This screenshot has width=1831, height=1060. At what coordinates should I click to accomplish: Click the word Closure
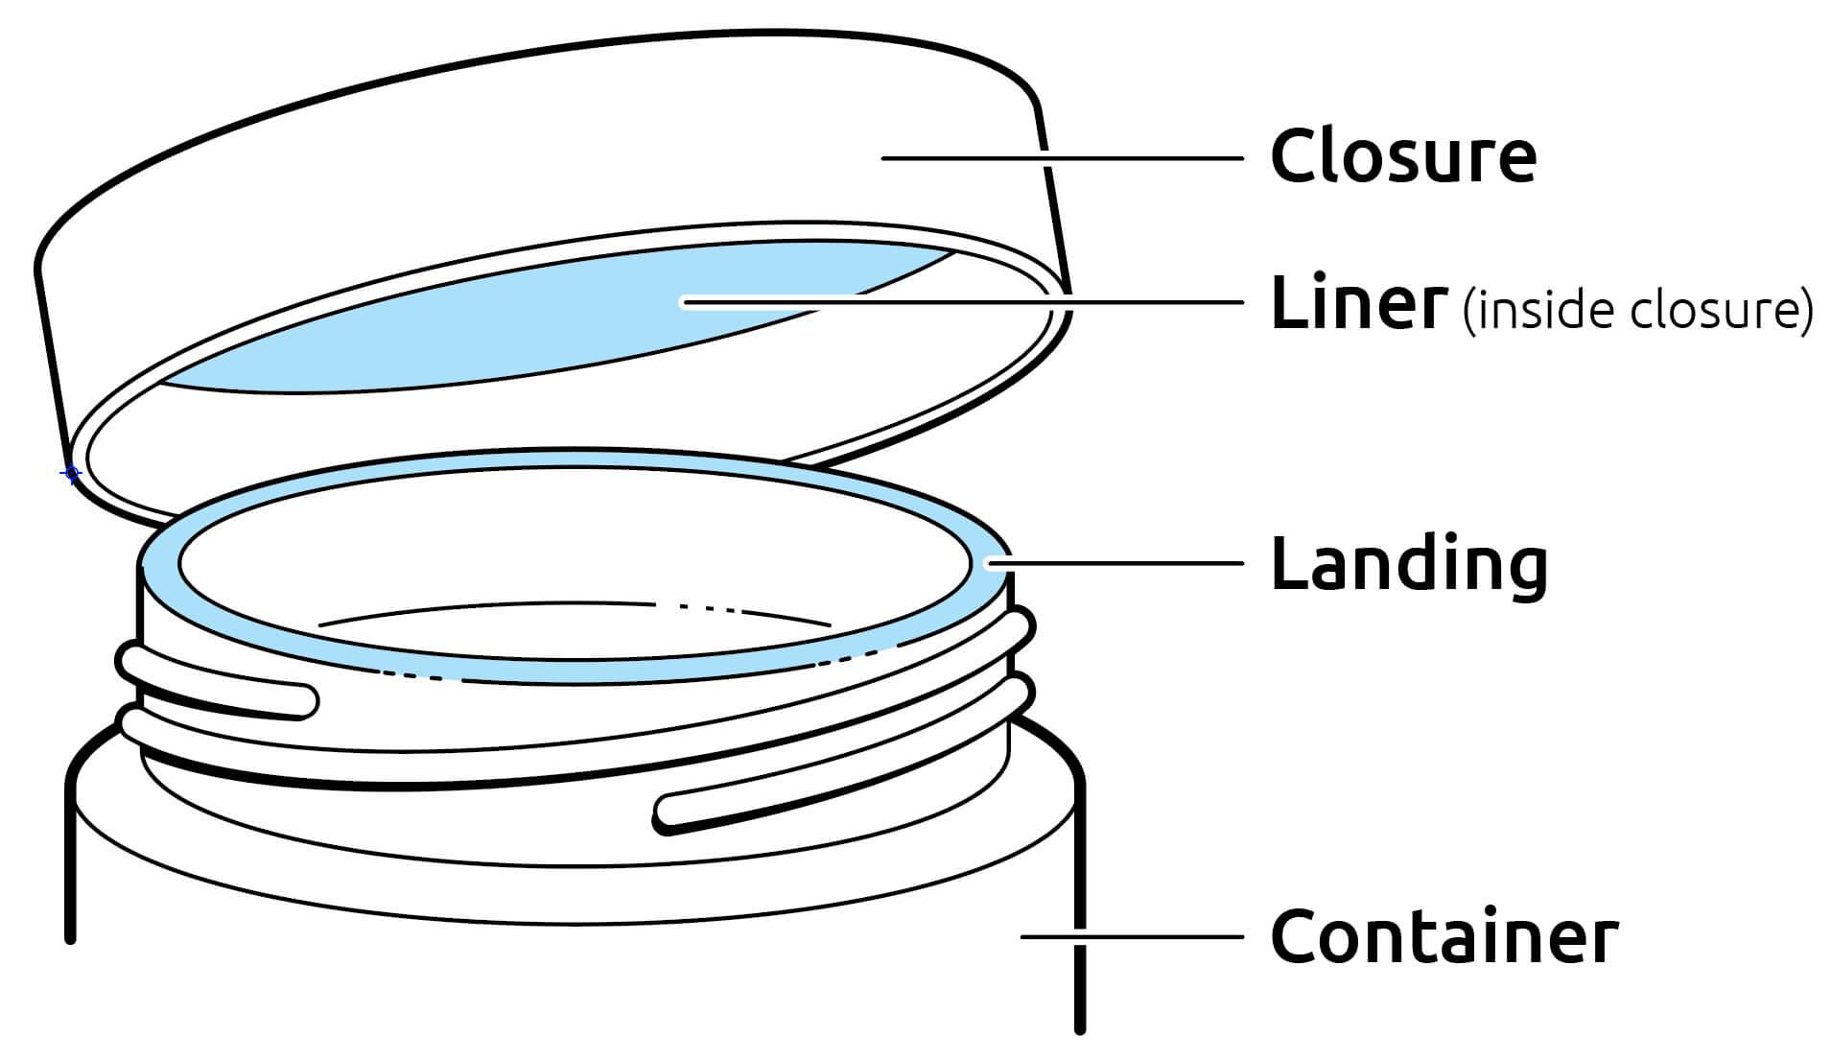1402,155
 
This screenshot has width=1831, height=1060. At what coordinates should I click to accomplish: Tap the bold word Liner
1357,303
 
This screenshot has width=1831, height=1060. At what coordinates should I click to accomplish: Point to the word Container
1444,936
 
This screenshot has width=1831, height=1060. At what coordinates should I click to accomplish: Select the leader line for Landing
1122,563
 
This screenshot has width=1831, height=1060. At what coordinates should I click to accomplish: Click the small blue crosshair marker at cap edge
71,473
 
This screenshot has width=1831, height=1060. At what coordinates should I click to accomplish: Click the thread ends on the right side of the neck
1021,662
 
